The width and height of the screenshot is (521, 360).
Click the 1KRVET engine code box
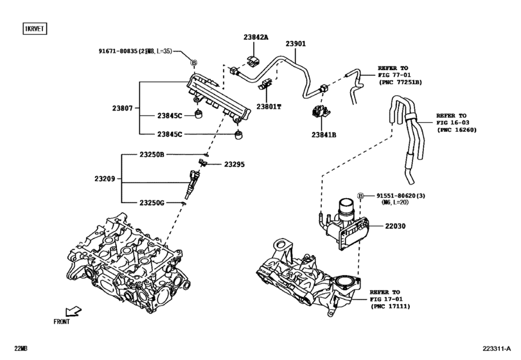click(37, 29)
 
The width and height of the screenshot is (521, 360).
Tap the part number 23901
click(295, 44)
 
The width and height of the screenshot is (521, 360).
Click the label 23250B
click(152, 155)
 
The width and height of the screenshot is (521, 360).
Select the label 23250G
click(152, 203)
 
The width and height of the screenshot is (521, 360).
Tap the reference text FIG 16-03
click(452, 120)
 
